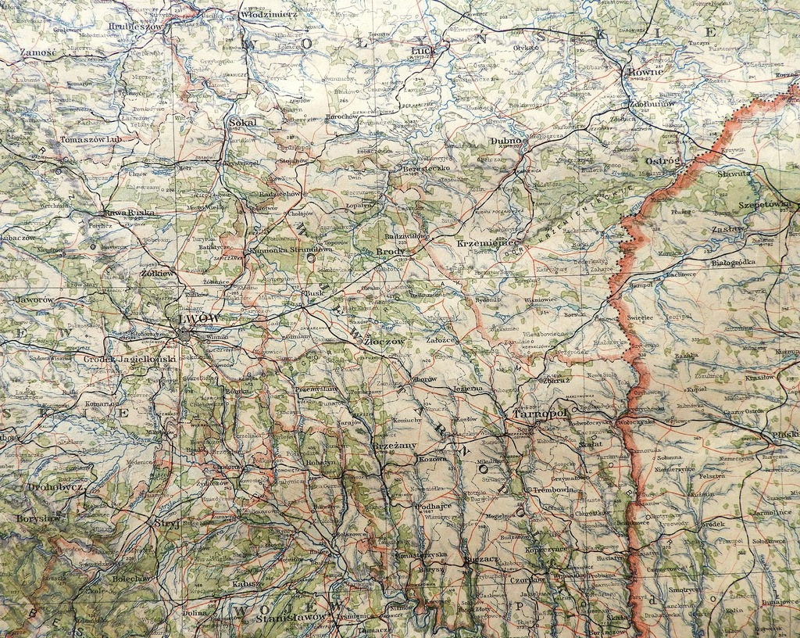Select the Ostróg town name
pyautogui.click(x=662, y=160)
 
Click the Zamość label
pyautogui.click(x=37, y=52)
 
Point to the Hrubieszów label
pyautogui.click(x=136, y=26)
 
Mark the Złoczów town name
pyautogui.click(x=384, y=342)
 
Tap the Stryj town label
pyautogui.click(x=166, y=523)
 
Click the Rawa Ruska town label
pyautogui.click(x=129, y=213)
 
